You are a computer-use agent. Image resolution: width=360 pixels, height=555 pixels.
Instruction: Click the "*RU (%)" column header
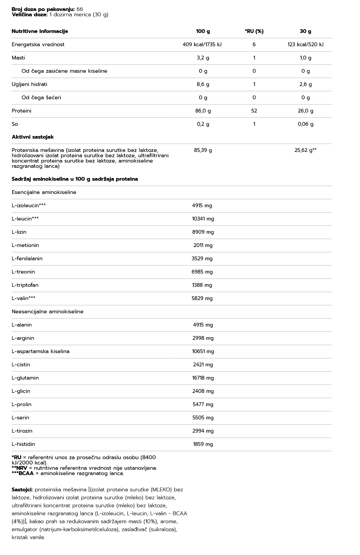point(254,31)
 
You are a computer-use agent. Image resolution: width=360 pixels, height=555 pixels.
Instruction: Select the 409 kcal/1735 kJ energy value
point(202,45)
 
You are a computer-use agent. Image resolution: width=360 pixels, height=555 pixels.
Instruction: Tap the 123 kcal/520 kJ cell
point(305,45)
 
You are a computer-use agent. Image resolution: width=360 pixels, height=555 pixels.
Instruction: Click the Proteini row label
point(22,111)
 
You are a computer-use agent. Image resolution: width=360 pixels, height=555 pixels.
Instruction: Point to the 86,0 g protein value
point(203,111)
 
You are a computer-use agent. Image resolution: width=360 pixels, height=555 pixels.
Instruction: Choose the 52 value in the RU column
point(254,111)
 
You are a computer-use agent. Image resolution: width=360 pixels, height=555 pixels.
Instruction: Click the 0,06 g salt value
point(305,124)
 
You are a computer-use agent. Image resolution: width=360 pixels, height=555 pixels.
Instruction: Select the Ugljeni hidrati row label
point(30,84)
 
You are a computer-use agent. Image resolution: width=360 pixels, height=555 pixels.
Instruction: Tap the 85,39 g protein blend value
point(203,150)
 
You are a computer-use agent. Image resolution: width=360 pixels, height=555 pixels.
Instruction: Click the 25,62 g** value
point(305,150)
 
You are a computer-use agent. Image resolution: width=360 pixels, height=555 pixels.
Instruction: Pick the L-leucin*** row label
point(25,219)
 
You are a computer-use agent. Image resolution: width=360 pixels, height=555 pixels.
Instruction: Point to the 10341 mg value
point(203,219)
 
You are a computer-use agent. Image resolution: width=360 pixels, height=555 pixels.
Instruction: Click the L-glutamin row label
point(25,378)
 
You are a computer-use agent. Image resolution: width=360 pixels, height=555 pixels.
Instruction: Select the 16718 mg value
point(203,378)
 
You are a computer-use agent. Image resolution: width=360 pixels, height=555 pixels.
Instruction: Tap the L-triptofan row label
point(25,285)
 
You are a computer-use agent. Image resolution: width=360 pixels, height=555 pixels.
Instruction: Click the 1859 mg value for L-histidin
point(203,444)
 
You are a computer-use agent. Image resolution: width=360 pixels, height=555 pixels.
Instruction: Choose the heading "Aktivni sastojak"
point(33,137)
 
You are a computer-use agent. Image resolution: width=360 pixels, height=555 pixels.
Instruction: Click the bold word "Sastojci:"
point(22,490)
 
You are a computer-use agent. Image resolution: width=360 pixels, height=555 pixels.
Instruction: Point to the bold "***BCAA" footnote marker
point(23,474)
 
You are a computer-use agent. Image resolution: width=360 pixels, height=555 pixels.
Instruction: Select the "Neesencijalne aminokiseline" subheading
point(47,312)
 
